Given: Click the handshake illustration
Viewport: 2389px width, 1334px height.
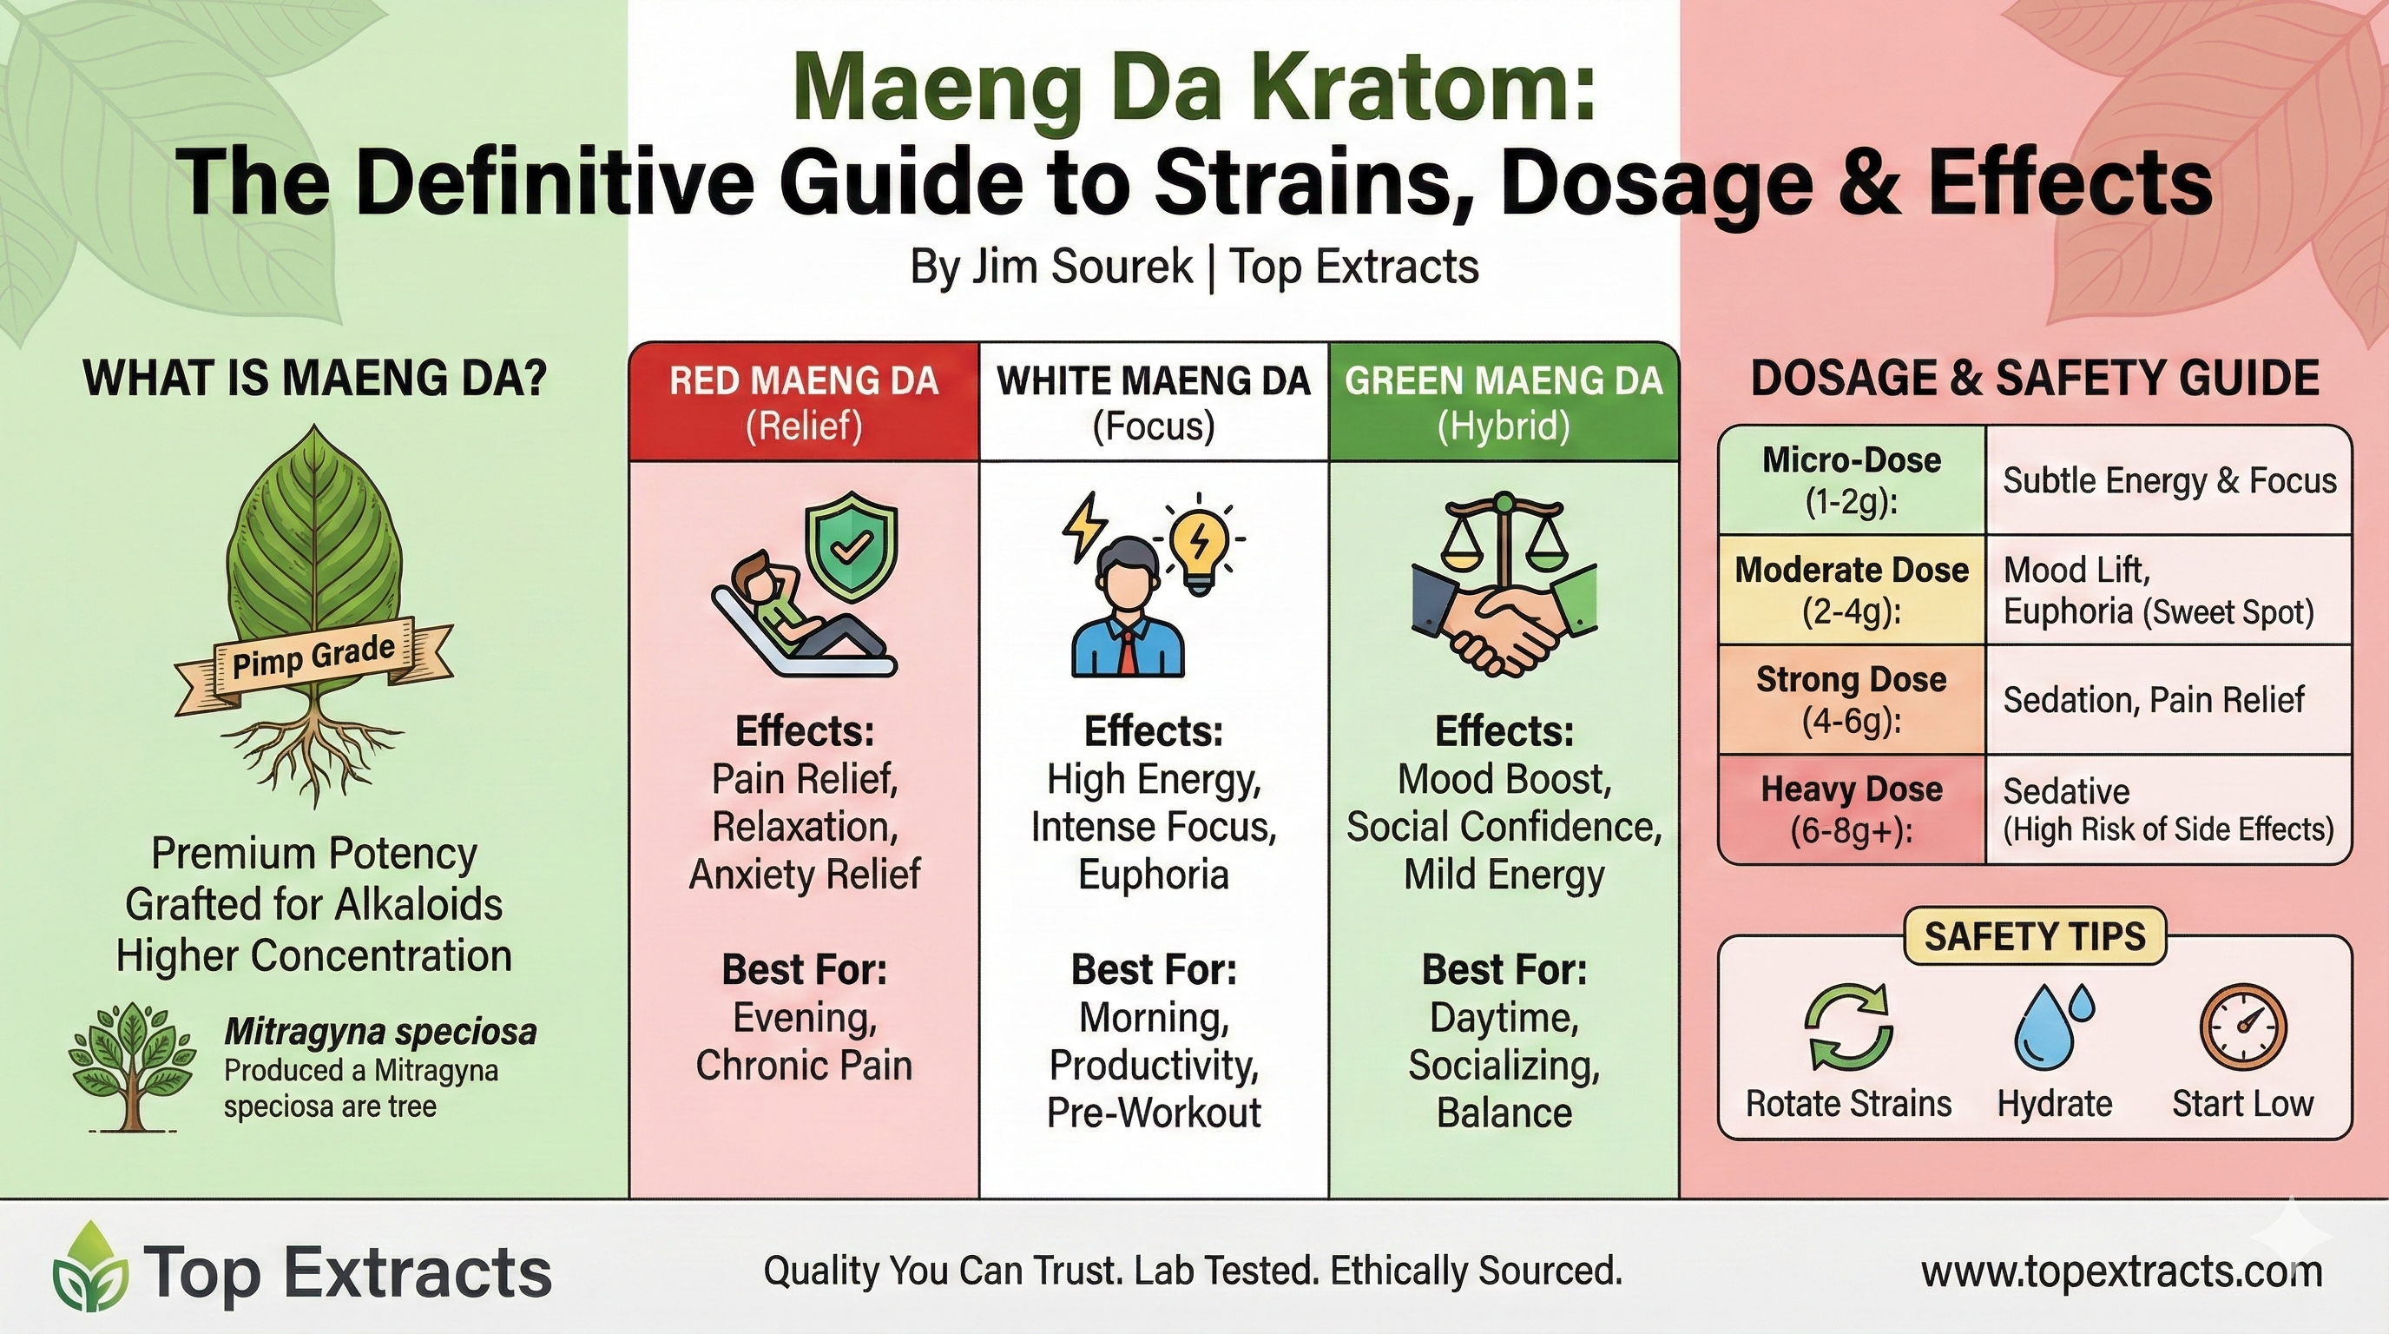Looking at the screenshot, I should [x=1503, y=622].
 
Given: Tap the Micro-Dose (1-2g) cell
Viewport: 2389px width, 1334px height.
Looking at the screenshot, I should [x=1851, y=480].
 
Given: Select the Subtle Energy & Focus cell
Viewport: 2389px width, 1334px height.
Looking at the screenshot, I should [x=2169, y=480].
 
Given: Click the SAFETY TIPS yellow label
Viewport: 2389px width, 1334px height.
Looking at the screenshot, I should [x=2035, y=937].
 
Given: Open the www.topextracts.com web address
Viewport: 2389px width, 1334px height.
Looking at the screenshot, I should [x=2122, y=1271].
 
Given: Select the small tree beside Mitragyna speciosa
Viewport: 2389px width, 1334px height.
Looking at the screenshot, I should [x=133, y=1067].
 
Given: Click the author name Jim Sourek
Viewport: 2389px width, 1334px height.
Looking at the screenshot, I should [x=1083, y=267].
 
